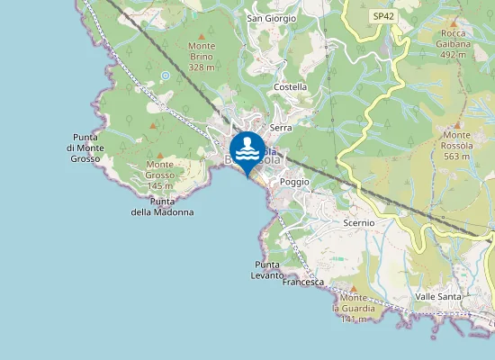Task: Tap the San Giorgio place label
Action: pyautogui.click(x=266, y=18)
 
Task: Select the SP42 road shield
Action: pyautogui.click(x=382, y=17)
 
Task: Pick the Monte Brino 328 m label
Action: pyautogui.click(x=202, y=56)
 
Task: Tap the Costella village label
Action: pyautogui.click(x=290, y=87)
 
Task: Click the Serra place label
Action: pyautogui.click(x=281, y=128)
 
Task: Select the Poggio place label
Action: pyautogui.click(x=294, y=182)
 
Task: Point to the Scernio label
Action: pyautogui.click(x=358, y=221)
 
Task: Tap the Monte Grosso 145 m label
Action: pyautogui.click(x=160, y=175)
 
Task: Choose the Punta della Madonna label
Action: pyautogui.click(x=162, y=206)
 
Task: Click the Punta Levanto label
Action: pyautogui.click(x=268, y=270)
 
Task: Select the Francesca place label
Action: pyautogui.click(x=302, y=282)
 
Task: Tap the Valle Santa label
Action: pyautogui.click(x=438, y=296)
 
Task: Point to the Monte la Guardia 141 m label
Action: pyautogui.click(x=354, y=309)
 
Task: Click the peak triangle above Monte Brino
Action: pyautogui.click(x=202, y=33)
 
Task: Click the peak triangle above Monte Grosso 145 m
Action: pyautogui.click(x=160, y=155)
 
